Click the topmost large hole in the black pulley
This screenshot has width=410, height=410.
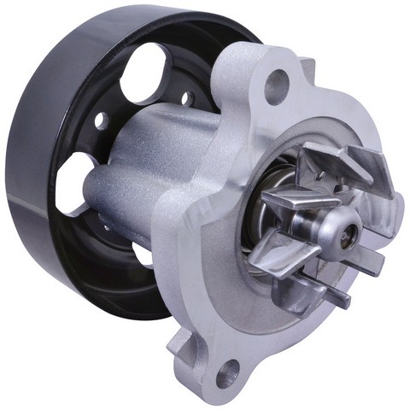(145, 71)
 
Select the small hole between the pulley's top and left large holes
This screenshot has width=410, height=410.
(101, 121)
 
